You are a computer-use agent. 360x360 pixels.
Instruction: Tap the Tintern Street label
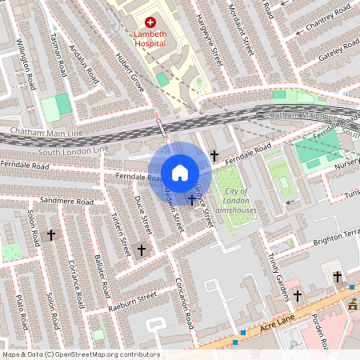(x=119, y=238)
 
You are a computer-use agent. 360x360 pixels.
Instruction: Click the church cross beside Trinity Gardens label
(x=297, y=296)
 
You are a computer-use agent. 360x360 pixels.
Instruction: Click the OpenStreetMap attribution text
(x=81, y=354)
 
